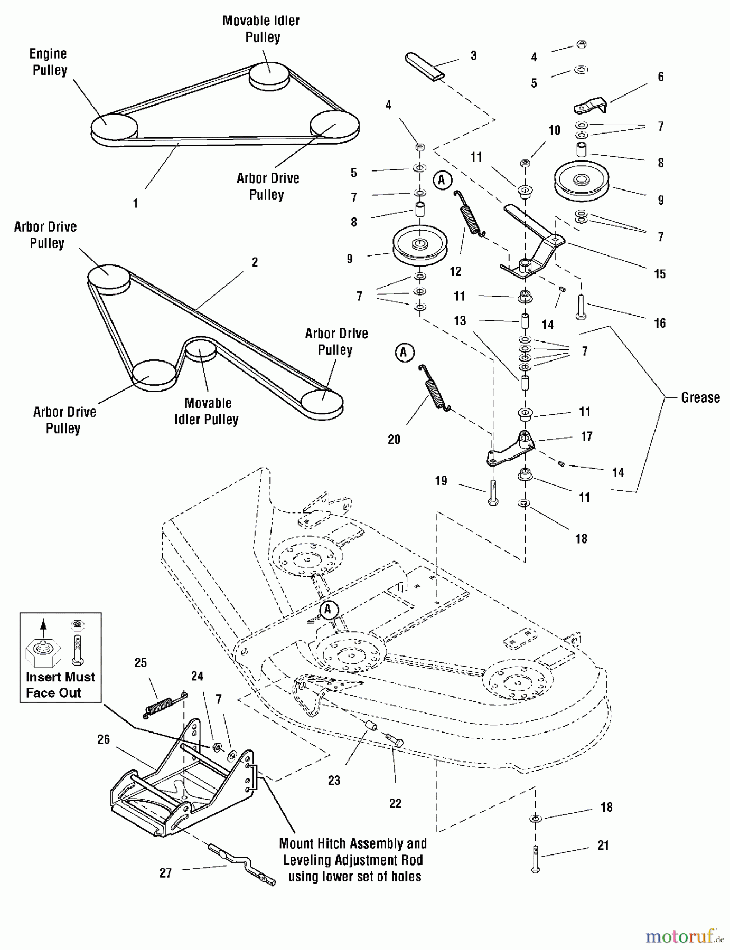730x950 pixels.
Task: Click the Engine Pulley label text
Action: point(49,62)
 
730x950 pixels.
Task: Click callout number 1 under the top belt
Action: point(135,203)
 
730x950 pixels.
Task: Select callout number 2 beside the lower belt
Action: point(255,262)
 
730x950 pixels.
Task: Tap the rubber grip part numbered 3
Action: point(425,66)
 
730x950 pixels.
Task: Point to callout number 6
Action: point(660,77)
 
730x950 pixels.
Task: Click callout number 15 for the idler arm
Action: point(660,274)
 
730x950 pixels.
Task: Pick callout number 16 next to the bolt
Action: point(660,323)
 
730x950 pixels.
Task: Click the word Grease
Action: point(700,397)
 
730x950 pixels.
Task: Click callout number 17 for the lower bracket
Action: point(586,436)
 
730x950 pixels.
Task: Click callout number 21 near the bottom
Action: point(603,845)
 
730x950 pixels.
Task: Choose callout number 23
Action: point(334,781)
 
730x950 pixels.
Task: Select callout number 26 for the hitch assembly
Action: point(104,739)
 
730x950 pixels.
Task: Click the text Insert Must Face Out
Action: point(60,685)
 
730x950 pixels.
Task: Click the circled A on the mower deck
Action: point(328,610)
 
